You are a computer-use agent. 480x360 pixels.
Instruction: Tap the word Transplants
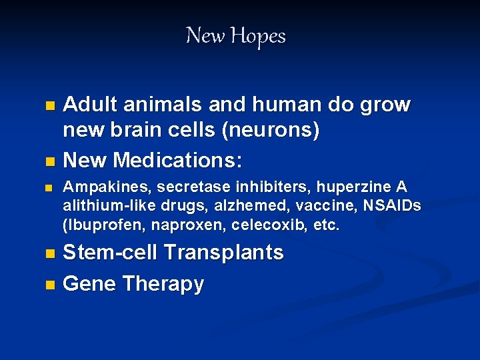[224, 253]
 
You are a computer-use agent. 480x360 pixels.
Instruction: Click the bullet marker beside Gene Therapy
[48, 285]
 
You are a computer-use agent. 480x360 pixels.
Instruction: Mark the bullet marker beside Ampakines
[48, 189]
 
